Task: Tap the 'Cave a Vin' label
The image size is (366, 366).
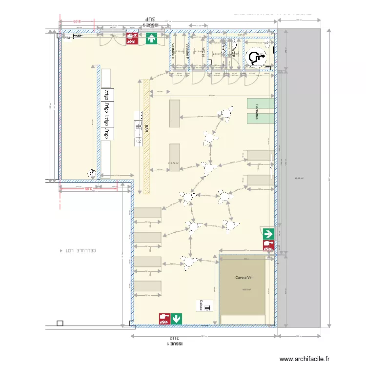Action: coord(243,278)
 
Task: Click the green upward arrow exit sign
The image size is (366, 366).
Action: coord(151,39)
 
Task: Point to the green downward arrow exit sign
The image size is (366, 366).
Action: coord(176,318)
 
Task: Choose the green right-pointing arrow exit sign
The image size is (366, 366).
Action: coord(268,234)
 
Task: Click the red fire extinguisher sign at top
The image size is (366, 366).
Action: coord(131,39)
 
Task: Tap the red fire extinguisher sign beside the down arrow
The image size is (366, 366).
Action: coord(163,318)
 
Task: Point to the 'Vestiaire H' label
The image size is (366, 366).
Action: coord(173,52)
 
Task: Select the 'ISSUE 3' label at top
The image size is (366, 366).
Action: coord(150,23)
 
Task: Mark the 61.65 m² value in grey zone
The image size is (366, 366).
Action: coord(299,179)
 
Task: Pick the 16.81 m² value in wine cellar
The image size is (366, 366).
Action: coord(246,289)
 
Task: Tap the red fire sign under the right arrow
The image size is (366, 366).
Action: coord(268,245)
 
